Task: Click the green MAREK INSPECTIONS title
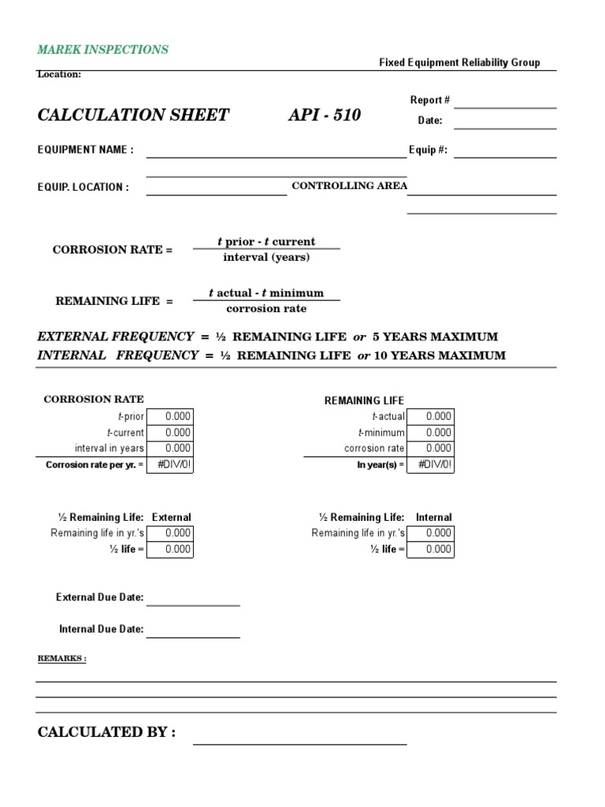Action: click(102, 50)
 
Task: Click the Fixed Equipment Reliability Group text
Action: click(459, 62)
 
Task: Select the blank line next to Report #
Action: click(505, 106)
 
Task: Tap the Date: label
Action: click(429, 121)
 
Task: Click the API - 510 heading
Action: click(325, 115)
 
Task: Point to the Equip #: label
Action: click(428, 150)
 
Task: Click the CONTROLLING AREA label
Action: click(349, 186)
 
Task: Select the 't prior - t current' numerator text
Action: click(266, 242)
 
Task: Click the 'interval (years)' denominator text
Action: click(266, 257)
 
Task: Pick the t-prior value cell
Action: click(169, 417)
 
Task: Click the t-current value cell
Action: click(169, 433)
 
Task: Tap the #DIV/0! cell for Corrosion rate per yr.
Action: click(169, 464)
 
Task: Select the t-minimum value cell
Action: click(430, 433)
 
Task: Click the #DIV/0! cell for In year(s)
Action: click(430, 464)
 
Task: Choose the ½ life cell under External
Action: click(169, 549)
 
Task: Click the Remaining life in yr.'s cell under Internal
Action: click(430, 534)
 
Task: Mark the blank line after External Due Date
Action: click(193, 604)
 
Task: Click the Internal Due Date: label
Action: click(101, 629)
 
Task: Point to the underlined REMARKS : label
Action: click(62, 659)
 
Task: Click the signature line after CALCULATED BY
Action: click(300, 742)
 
